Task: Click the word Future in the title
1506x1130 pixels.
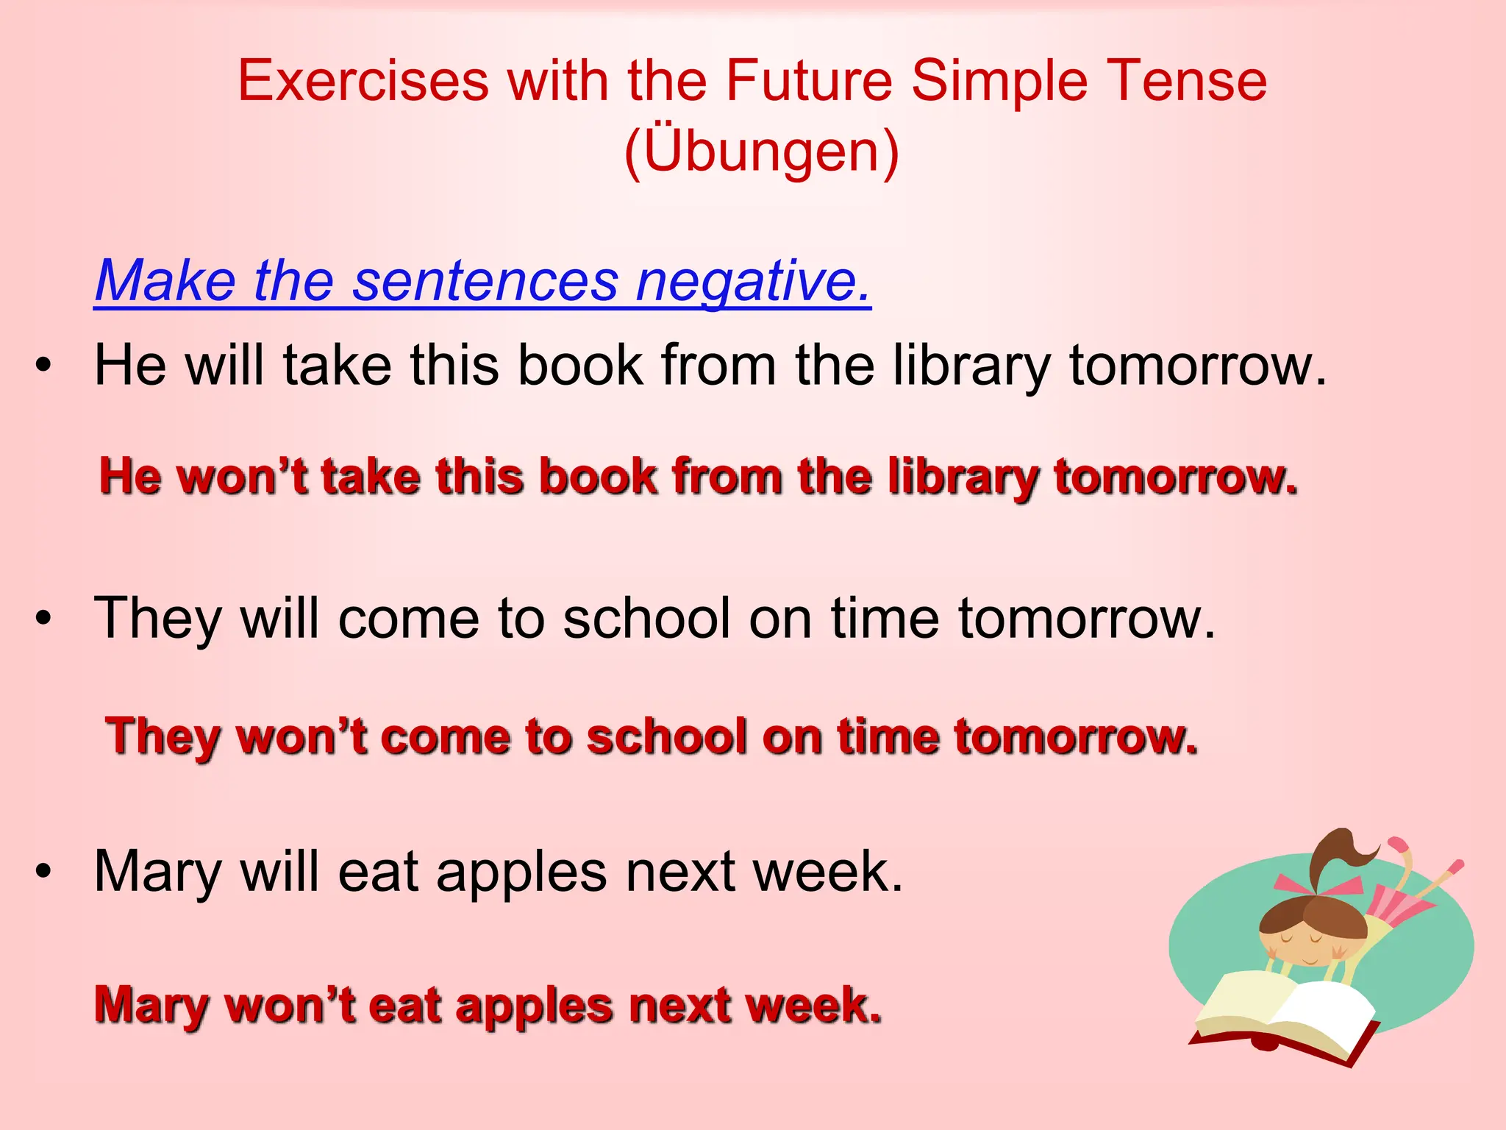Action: (808, 81)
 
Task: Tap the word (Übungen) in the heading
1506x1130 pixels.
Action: (761, 151)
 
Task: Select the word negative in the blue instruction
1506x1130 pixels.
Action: (753, 281)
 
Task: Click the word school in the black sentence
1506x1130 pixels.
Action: (646, 619)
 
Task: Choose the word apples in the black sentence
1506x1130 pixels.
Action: (521, 873)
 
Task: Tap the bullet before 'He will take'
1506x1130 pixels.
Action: (44, 366)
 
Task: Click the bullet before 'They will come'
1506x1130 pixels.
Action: (44, 619)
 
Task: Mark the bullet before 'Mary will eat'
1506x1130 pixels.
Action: (44, 871)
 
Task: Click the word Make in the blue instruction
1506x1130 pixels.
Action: (165, 281)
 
